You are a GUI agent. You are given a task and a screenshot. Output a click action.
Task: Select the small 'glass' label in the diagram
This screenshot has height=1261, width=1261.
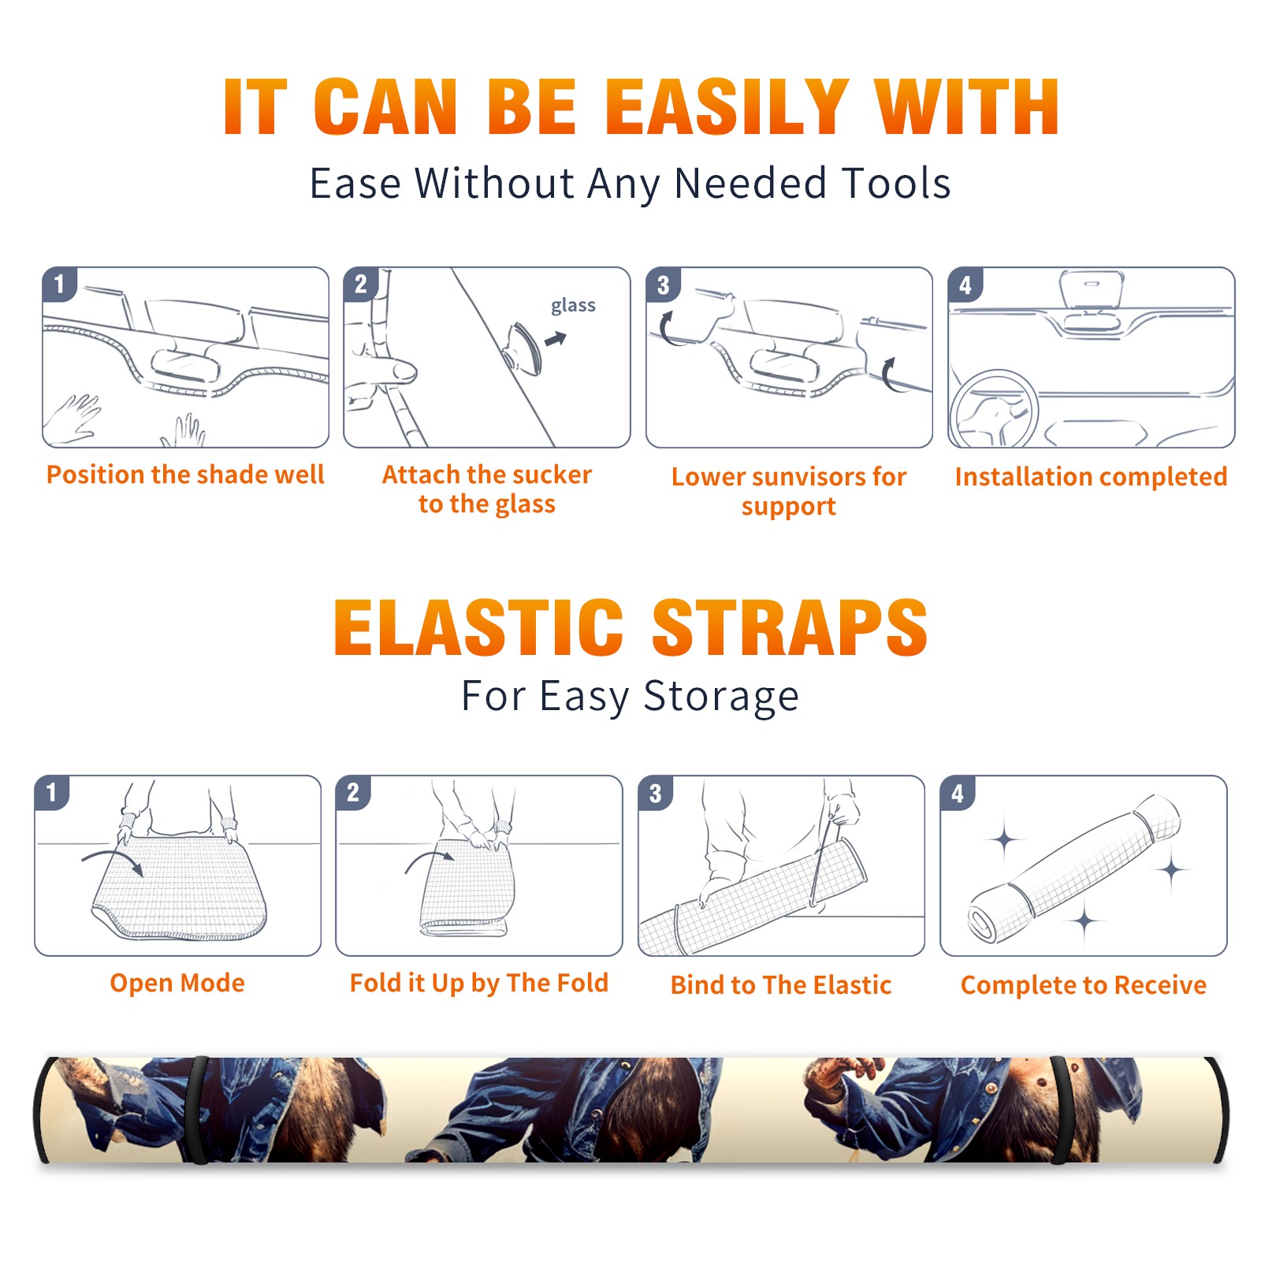573,306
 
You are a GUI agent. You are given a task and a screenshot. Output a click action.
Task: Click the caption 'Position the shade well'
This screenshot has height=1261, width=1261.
185,474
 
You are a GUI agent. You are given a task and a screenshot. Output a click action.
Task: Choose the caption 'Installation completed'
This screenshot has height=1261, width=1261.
1091,477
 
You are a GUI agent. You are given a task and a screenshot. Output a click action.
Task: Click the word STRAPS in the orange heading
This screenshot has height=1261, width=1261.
790,627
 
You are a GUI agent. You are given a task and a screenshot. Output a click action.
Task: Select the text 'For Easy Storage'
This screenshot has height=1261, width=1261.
630,696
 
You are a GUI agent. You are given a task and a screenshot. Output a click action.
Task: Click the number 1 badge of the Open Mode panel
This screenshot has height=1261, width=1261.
52,792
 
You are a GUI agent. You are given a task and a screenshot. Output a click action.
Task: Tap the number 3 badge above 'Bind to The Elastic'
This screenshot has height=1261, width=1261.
656,793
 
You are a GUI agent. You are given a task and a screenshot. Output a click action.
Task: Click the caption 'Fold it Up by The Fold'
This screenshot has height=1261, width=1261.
479,984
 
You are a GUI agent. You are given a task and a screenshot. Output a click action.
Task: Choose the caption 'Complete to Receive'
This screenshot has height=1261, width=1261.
1084,985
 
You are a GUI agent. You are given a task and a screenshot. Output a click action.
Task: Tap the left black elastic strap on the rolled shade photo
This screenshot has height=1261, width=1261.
199,1110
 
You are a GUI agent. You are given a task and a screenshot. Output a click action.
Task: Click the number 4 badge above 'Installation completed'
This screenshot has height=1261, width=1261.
965,285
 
